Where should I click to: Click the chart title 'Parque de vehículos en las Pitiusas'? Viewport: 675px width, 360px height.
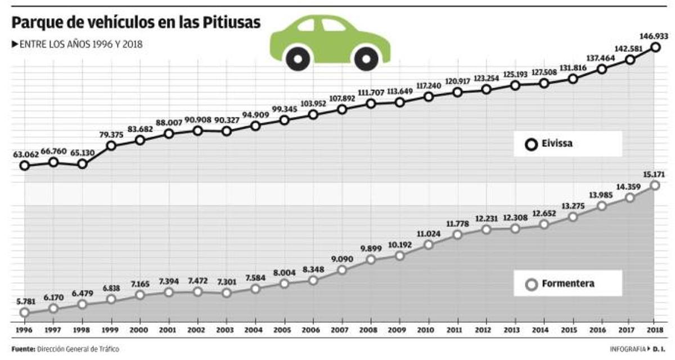point(136,22)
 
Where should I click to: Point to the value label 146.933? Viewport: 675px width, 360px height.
point(654,35)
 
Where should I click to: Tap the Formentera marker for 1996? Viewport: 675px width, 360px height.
point(24,312)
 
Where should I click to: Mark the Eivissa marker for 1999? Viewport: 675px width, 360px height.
point(111,146)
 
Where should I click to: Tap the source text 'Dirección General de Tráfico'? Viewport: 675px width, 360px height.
point(78,349)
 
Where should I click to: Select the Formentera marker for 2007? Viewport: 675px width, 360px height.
point(342,270)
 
